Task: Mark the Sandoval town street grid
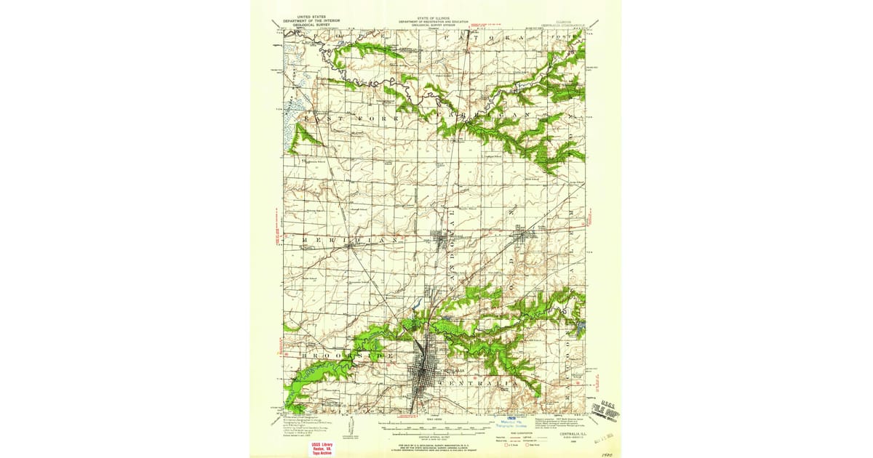click(x=442, y=239)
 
